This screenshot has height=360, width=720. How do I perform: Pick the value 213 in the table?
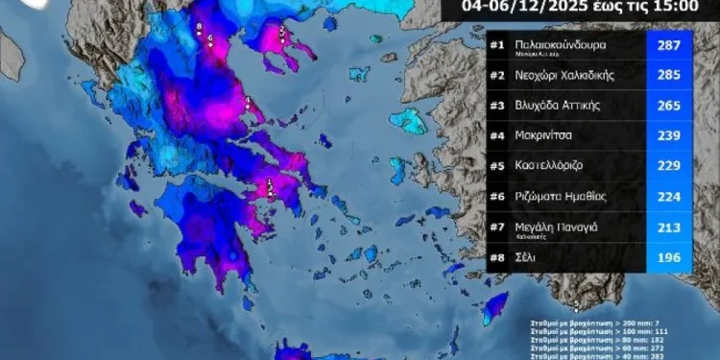coord(665,227)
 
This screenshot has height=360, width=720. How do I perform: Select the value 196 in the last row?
coord(665,257)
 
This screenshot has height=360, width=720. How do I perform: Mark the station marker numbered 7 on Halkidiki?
coord(282,32)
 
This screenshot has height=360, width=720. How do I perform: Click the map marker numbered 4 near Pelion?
coord(248,101)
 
